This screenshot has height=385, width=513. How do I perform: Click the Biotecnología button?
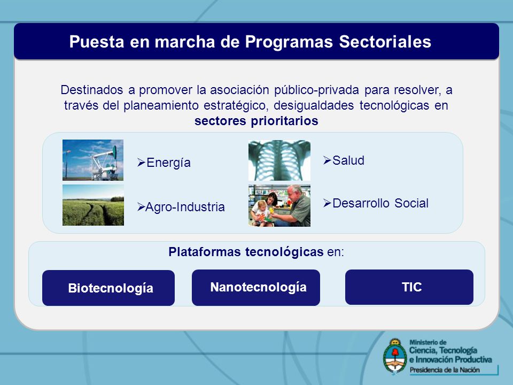108,288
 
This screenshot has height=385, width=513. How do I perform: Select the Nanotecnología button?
256,288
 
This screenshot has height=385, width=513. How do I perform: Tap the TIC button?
409,287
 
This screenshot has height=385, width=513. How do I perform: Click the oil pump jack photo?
93,160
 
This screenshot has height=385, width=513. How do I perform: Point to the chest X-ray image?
279,160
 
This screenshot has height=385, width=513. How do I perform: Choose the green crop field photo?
93,205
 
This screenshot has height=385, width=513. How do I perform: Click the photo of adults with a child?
279,205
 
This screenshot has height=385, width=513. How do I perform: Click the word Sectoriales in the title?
385,42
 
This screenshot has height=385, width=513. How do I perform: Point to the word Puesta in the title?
97,42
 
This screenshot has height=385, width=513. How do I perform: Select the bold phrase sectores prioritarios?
256,121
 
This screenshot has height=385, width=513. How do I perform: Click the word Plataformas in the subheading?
204,252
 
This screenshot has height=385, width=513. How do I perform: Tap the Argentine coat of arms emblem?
395,356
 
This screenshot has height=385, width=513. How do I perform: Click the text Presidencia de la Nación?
445,370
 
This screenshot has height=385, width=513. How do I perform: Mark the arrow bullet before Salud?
327,160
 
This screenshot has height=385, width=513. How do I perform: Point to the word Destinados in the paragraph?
92,90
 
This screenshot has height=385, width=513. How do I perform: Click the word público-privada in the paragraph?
316,90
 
